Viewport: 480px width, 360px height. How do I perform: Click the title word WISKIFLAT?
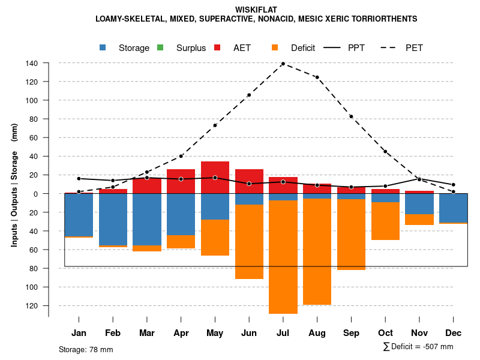(x=256, y=10)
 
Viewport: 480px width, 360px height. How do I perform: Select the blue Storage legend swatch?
(x=103, y=47)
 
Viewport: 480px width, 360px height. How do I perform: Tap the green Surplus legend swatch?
(x=160, y=47)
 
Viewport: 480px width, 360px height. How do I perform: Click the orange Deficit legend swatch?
(x=275, y=47)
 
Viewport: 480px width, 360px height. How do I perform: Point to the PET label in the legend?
(x=414, y=48)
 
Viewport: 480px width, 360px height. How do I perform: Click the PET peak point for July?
(x=283, y=64)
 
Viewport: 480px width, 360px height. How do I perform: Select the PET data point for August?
(x=317, y=77)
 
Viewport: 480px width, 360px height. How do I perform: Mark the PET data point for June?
(x=249, y=95)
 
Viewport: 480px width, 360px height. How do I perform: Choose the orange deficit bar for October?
(x=385, y=221)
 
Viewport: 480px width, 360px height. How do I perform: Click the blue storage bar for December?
(x=453, y=208)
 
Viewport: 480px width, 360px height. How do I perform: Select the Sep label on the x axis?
(x=351, y=333)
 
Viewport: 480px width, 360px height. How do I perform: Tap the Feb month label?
(x=113, y=333)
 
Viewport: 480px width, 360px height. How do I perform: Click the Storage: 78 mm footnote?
(x=86, y=349)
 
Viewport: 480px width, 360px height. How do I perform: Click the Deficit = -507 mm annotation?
(x=418, y=347)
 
